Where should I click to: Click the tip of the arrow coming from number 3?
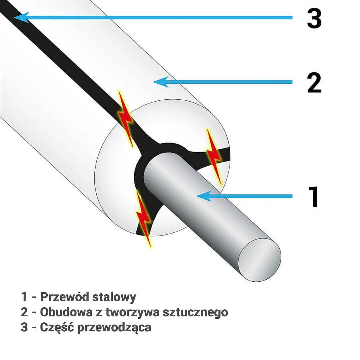[14, 17]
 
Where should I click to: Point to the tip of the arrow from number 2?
[153, 82]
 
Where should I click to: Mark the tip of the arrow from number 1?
[196, 196]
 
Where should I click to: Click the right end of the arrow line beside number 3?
[292, 17]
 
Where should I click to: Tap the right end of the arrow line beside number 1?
[292, 196]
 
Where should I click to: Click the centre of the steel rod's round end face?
[260, 259]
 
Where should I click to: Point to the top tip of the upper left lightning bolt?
[119, 91]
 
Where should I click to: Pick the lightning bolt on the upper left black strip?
[125, 119]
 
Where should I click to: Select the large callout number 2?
[314, 82]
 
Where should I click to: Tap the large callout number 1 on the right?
[314, 197]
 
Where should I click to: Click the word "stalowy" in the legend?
[114, 297]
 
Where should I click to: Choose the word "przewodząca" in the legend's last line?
[114, 328]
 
